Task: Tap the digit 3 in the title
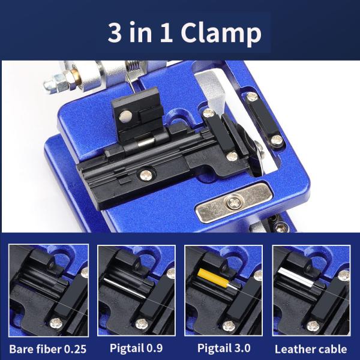pyautogui.click(x=115, y=33)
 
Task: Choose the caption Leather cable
pyautogui.click(x=310, y=349)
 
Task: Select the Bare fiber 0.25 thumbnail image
pyautogui.click(x=49, y=290)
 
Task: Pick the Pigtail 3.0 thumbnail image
pyautogui.click(x=224, y=290)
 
